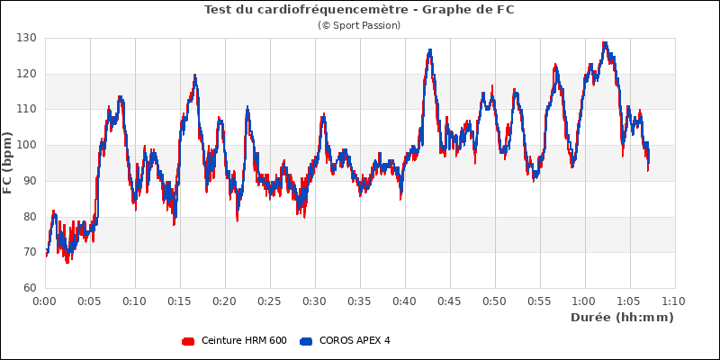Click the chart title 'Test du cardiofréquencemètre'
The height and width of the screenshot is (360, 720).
point(359,10)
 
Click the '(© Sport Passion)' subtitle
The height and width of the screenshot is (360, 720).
point(359,25)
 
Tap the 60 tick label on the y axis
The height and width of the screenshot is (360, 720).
point(29,288)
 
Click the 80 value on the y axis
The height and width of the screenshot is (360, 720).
point(29,216)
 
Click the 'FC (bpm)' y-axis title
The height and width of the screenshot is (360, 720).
point(8,163)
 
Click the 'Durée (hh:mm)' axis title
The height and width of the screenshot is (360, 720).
point(622,318)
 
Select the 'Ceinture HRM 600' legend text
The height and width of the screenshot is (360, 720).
point(244,341)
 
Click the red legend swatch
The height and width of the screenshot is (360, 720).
point(188,341)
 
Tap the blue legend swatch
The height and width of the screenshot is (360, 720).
point(306,341)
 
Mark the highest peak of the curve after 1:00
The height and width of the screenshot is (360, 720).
point(605,42)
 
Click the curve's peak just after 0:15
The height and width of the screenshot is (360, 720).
point(194,76)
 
